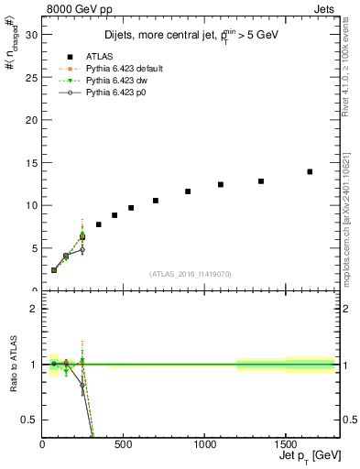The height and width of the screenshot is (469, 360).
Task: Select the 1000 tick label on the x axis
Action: (203, 443)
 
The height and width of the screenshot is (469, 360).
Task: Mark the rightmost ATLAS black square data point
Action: (310, 171)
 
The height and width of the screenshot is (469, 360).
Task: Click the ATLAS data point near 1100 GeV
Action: (221, 184)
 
